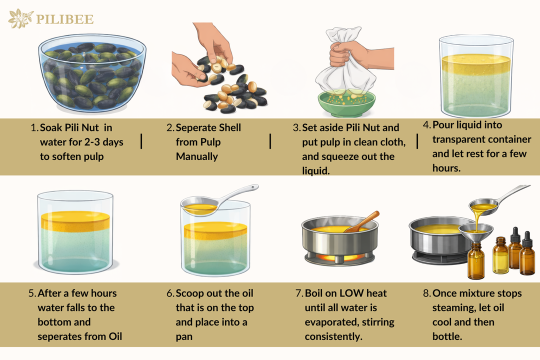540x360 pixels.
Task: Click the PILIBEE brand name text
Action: pyautogui.click(x=64, y=19)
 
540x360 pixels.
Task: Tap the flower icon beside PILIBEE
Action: pyautogui.click(x=20, y=18)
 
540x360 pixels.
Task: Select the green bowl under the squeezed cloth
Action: pyautogui.click(x=346, y=103)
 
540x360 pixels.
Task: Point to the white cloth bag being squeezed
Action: pyautogui.click(x=345, y=65)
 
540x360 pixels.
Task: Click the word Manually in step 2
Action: pyautogui.click(x=196, y=156)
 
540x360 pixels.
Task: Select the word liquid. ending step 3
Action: pyautogui.click(x=315, y=171)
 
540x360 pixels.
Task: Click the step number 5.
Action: pyautogui.click(x=32, y=293)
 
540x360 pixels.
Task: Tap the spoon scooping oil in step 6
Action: pyautogui.click(x=217, y=201)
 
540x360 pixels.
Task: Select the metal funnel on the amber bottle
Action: pyautogui.click(x=476, y=232)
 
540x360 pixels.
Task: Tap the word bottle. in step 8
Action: pyautogui.click(x=447, y=336)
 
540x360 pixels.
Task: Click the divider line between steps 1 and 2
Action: pyautogui.click(x=141, y=141)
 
